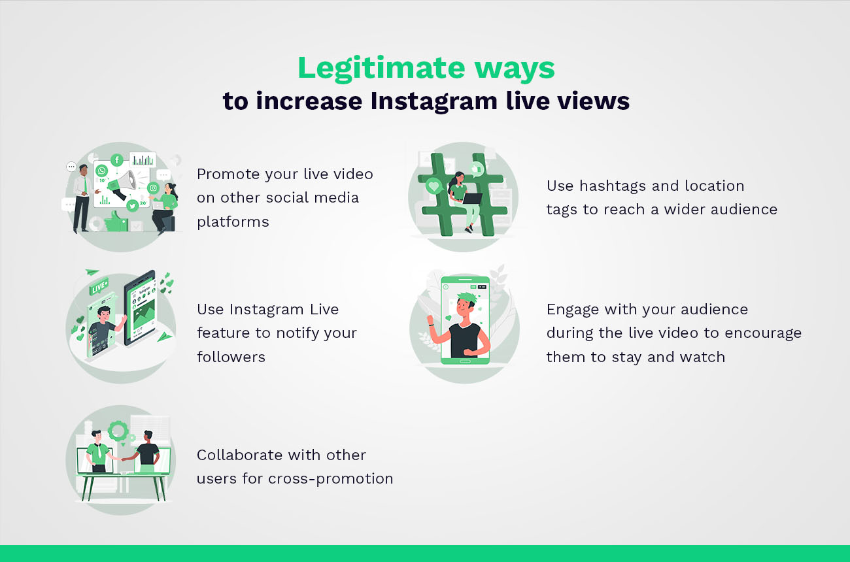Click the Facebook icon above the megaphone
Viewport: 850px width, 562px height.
coord(117,160)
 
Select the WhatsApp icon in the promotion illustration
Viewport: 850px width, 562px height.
coord(101,171)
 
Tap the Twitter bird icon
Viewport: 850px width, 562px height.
coord(133,206)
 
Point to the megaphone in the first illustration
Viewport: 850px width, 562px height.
coord(124,182)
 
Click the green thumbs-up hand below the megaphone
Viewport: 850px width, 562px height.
coord(116,220)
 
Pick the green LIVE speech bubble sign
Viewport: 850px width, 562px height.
coord(99,287)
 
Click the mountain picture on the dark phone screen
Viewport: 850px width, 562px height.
coord(141,318)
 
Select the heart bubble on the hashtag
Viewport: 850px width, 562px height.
coord(433,187)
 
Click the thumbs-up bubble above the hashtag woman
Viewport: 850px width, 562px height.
coord(476,169)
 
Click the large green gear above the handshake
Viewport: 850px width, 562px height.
coord(118,431)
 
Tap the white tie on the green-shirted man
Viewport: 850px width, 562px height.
coord(97,450)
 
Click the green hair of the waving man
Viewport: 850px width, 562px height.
coord(466,300)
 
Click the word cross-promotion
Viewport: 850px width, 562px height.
coord(331,478)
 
